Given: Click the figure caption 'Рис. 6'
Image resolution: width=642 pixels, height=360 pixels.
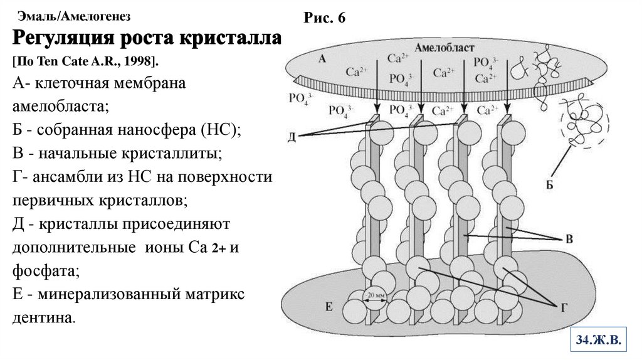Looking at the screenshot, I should click(x=325, y=18).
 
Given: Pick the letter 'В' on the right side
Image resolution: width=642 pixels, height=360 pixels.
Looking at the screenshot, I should click(x=569, y=239).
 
